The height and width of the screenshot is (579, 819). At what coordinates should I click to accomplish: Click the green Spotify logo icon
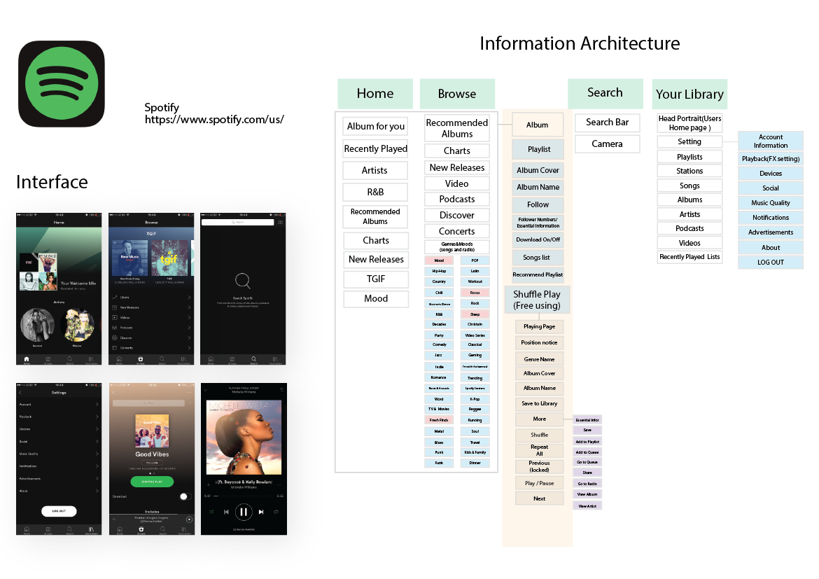pyautogui.click(x=62, y=83)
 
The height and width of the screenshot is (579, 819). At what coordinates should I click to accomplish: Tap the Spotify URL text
pyautogui.click(x=214, y=120)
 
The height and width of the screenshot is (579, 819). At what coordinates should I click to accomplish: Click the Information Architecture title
pyautogui.click(x=579, y=43)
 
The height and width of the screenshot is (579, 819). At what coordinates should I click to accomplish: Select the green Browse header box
pyautogui.click(x=456, y=94)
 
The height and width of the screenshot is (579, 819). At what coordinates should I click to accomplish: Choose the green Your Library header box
pyautogui.click(x=689, y=94)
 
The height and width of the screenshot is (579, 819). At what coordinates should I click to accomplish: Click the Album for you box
pyautogui.click(x=375, y=127)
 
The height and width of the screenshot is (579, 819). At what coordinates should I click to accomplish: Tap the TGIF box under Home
pyautogui.click(x=375, y=279)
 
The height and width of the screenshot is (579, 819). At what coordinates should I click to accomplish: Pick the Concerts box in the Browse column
pyautogui.click(x=456, y=231)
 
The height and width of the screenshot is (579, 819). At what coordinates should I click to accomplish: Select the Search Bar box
pyautogui.click(x=607, y=123)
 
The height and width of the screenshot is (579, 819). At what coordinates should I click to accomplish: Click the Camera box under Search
pyautogui.click(x=607, y=144)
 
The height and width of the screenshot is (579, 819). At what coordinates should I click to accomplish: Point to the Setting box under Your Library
pyautogui.click(x=689, y=142)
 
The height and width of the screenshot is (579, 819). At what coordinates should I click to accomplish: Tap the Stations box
pyautogui.click(x=689, y=171)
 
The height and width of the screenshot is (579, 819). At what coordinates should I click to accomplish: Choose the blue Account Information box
pyautogui.click(x=770, y=141)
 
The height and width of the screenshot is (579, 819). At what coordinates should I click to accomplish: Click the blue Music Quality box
pyautogui.click(x=770, y=203)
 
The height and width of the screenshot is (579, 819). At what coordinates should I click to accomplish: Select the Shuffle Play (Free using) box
pyautogui.click(x=537, y=300)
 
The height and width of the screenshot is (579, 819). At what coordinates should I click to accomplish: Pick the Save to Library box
pyautogui.click(x=539, y=403)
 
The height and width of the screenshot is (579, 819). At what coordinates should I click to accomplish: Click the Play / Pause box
pyautogui.click(x=539, y=483)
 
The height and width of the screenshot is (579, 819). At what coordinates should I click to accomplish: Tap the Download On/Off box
pyautogui.click(x=538, y=239)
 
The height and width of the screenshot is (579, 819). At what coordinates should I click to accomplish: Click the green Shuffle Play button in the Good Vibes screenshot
pyautogui.click(x=152, y=482)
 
